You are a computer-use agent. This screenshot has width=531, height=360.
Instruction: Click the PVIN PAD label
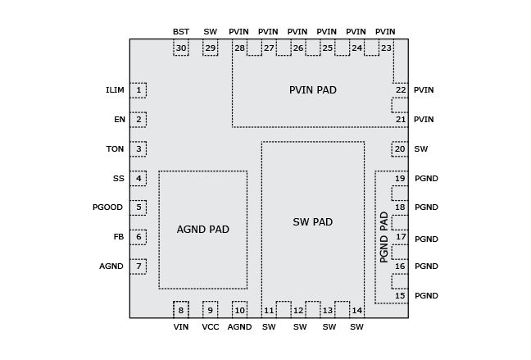point(312,90)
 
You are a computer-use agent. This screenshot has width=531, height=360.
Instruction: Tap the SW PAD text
point(312,222)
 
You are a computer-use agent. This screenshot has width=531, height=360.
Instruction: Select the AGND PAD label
point(202,230)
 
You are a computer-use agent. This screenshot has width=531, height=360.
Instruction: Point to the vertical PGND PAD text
point(383,237)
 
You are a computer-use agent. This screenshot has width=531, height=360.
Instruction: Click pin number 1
point(138,90)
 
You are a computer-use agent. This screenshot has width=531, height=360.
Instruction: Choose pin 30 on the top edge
point(181,48)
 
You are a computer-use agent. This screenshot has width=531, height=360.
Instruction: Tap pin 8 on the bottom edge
point(181,310)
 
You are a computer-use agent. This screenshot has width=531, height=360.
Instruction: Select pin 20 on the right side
point(400,149)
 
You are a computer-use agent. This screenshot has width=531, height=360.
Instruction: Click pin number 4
point(138,179)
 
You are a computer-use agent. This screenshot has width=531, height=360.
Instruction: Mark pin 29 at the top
point(211,48)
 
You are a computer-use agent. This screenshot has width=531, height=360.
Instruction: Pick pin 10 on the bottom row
point(239,310)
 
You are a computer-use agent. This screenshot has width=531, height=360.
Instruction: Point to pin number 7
point(138,267)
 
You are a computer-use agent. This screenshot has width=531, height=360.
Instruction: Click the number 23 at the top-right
point(386,48)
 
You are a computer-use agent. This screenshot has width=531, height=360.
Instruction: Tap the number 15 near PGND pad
point(400,296)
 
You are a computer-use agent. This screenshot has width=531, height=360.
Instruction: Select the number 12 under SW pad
point(298,311)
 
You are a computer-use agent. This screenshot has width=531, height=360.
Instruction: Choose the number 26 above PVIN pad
point(298,48)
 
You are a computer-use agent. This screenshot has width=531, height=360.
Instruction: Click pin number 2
point(138,120)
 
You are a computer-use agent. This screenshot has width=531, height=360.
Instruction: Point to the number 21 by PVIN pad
point(401,120)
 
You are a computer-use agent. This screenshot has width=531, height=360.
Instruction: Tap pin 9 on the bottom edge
point(211,310)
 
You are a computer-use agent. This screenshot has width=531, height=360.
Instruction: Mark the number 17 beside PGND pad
point(401,237)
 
